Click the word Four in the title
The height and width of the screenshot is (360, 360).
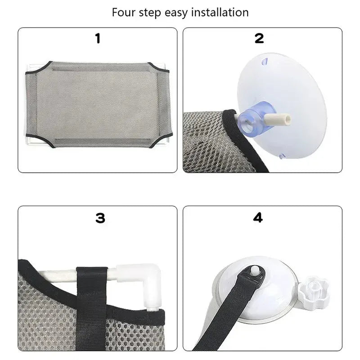[x=123, y=12]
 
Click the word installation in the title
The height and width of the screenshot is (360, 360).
[x=221, y=12]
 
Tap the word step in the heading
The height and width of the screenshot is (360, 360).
[x=150, y=12]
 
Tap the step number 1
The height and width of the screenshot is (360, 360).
[x=98, y=39]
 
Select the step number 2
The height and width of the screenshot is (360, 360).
[x=259, y=39]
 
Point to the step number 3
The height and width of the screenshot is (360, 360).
[x=100, y=218]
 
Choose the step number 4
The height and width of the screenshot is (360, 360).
[x=258, y=218]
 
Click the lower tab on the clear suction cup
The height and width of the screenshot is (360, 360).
[x=283, y=157]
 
